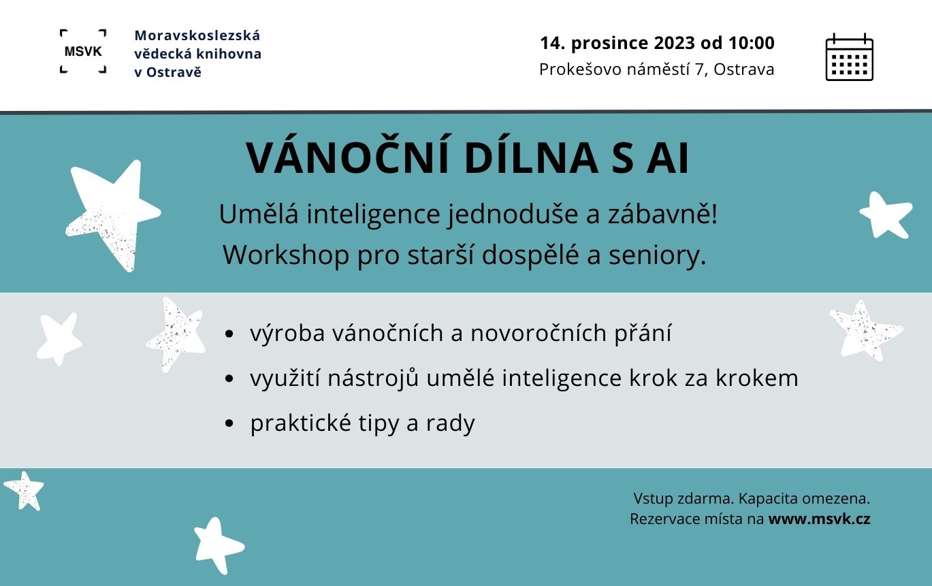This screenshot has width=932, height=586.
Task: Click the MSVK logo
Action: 83,52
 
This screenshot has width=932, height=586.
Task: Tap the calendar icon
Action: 849,57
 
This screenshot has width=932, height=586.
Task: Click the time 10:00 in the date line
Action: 752,43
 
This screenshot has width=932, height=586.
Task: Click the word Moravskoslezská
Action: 197,35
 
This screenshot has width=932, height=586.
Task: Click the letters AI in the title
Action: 668,159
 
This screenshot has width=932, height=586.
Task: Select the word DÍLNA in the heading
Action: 531,158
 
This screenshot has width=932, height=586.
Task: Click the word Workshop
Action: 286,255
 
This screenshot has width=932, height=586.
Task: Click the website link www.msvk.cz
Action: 819,519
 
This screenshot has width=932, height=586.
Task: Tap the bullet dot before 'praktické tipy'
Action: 229,423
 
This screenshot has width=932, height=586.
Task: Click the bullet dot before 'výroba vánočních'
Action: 229,333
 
